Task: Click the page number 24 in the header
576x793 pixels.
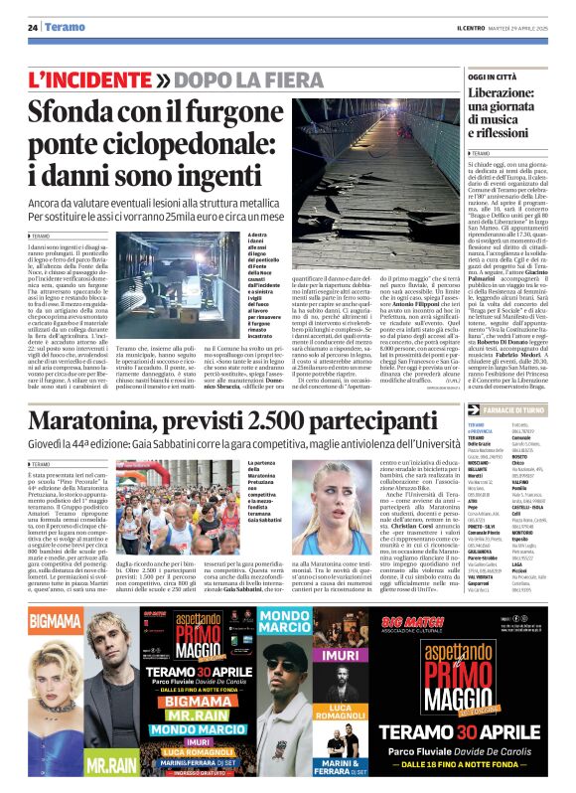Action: (x=32, y=27)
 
